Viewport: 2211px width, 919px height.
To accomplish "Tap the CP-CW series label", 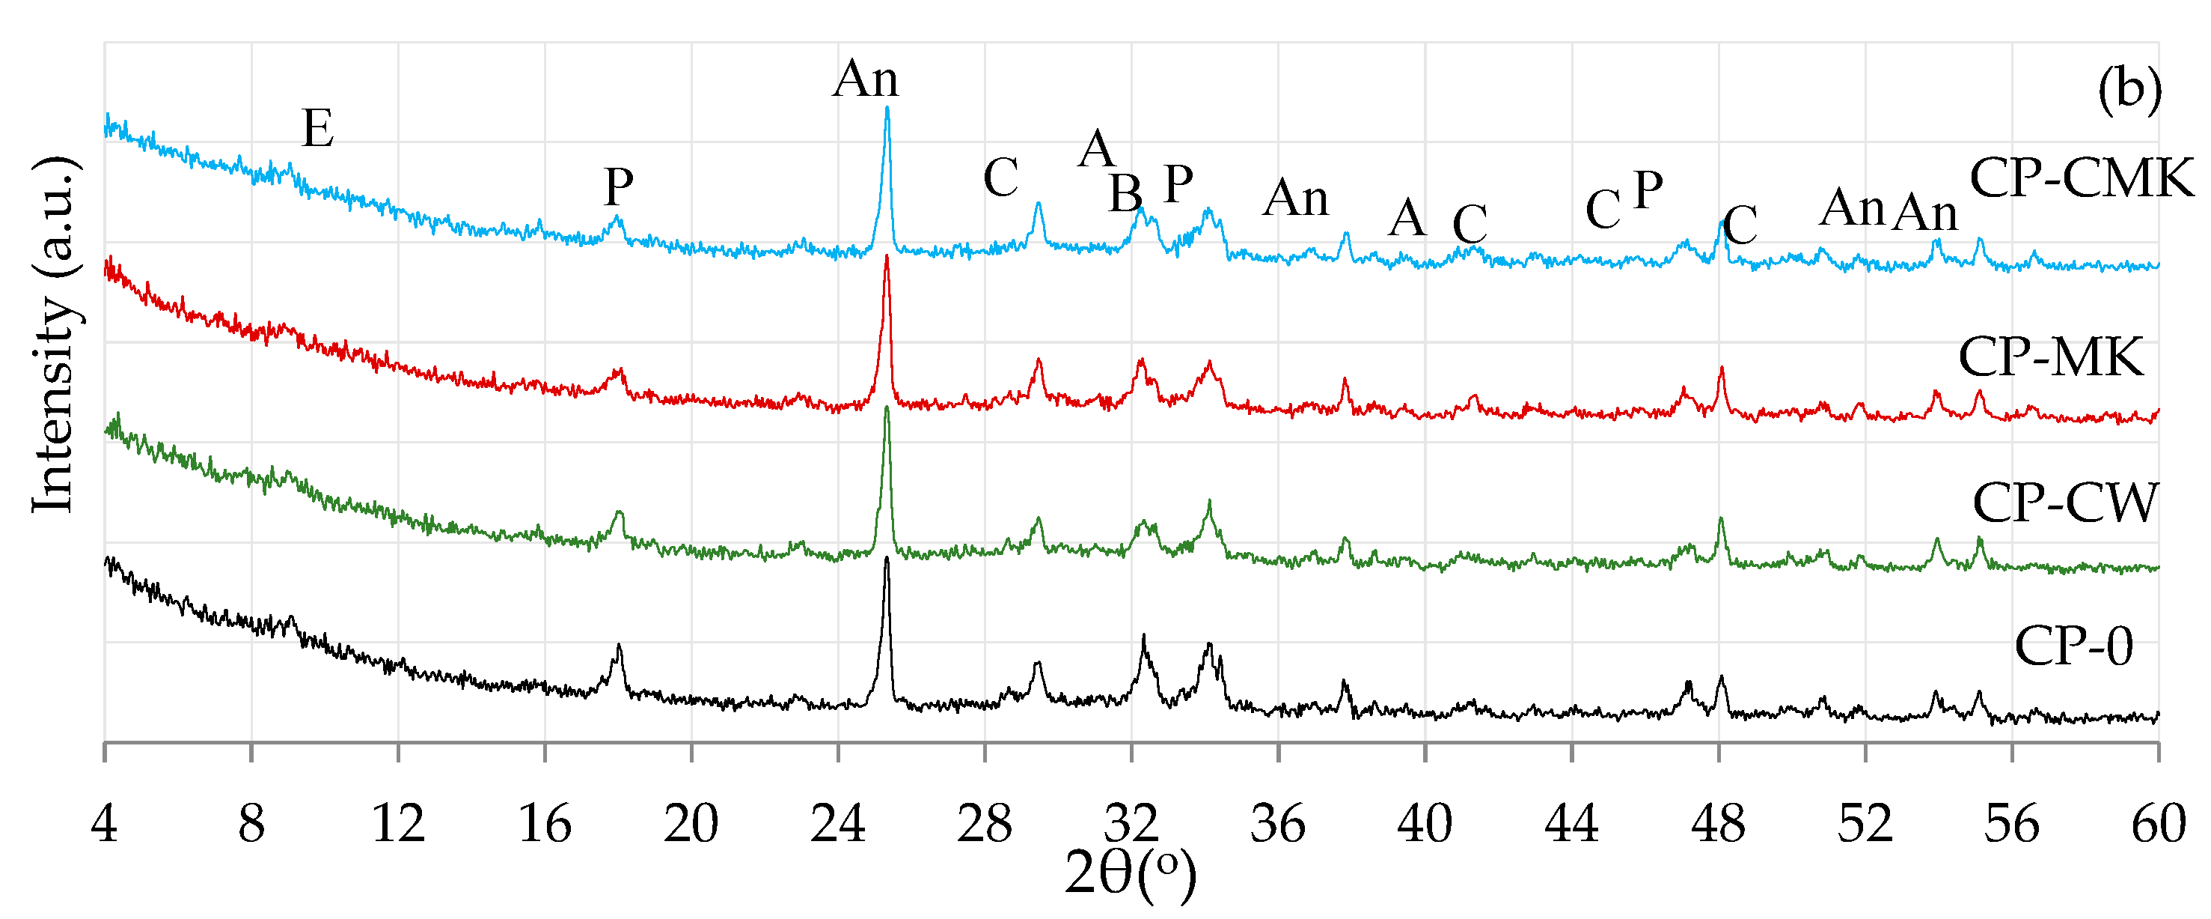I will tap(2064, 503).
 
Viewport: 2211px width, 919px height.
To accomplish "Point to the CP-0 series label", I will tap(2073, 646).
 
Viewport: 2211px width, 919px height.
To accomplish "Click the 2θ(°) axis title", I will tap(1130, 874).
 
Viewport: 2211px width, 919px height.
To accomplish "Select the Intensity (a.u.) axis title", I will tap(53, 335).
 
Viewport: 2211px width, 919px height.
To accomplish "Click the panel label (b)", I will tap(2129, 89).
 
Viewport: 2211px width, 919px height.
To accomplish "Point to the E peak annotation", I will tap(317, 129).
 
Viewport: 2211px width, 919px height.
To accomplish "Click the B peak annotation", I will tap(1125, 193).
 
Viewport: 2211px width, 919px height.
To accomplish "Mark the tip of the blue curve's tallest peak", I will tap(887, 107).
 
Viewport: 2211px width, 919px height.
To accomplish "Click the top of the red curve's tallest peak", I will tap(887, 256).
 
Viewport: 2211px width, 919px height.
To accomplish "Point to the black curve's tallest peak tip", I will tap(887, 558).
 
